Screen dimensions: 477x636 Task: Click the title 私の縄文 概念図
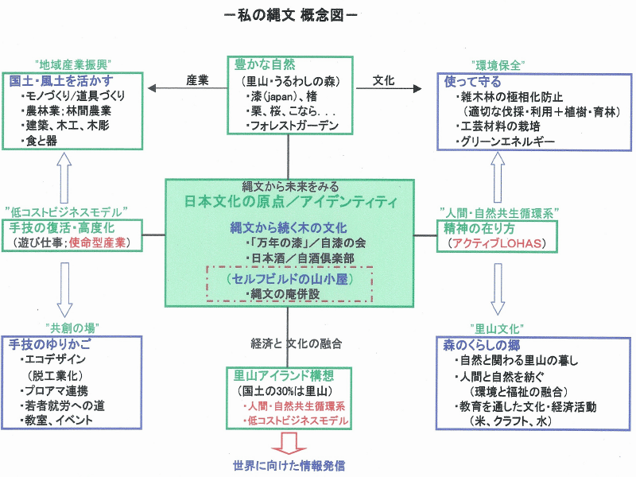290,16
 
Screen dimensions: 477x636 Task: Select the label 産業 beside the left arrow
197,79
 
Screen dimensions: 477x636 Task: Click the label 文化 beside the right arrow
384,79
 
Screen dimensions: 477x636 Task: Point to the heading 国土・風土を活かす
61,81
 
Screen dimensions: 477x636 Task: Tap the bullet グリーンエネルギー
504,142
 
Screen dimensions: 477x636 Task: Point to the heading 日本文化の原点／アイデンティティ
289,202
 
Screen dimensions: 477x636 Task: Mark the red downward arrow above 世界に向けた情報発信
287,441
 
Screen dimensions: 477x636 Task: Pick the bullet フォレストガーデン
292,126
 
